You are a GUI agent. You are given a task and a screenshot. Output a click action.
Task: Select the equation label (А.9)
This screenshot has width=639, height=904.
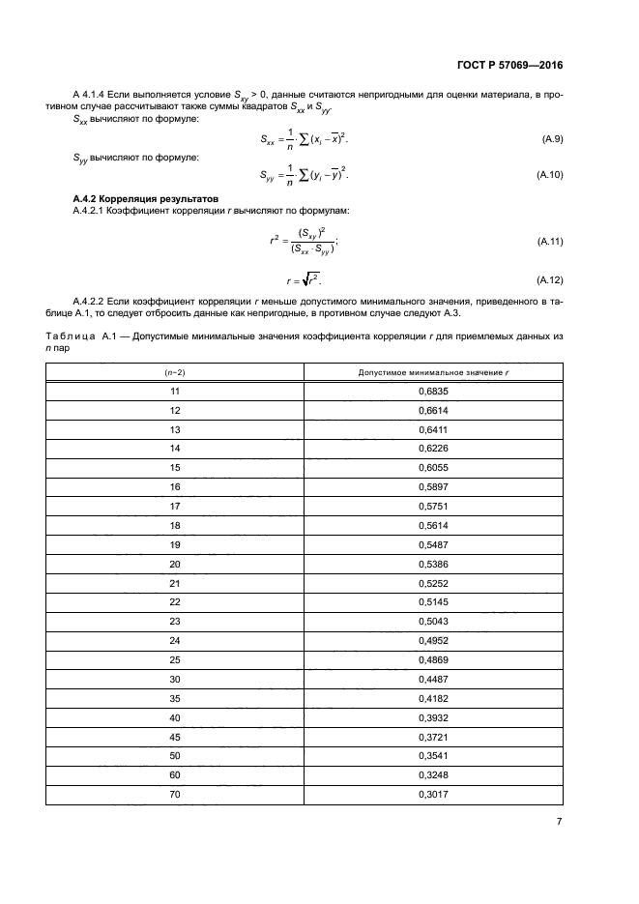553,140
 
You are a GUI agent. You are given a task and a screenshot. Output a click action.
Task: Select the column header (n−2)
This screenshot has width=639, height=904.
175,372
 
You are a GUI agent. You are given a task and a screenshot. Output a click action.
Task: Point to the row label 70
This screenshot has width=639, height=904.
175,795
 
